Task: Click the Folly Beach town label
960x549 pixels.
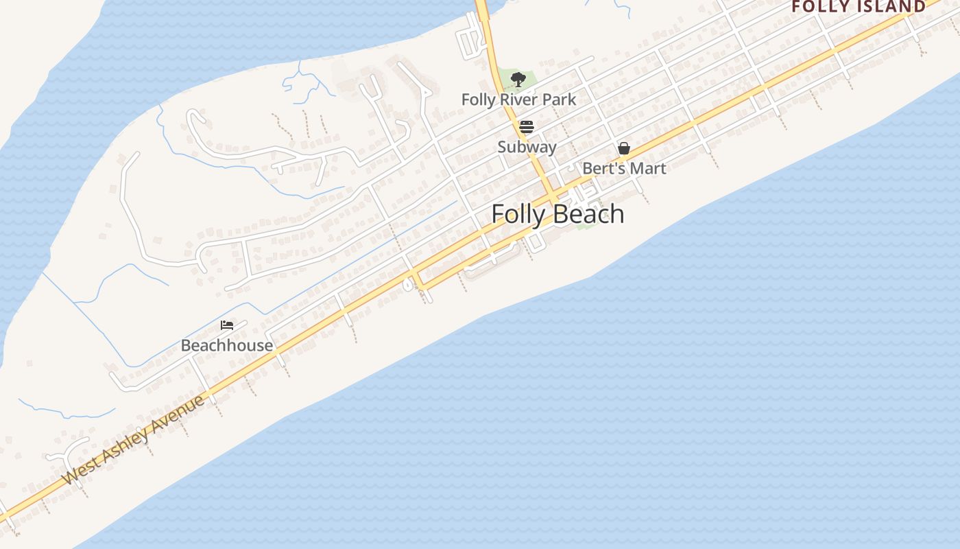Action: click(x=557, y=214)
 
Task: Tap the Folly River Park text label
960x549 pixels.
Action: click(x=518, y=100)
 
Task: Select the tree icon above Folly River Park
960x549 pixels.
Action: click(x=518, y=80)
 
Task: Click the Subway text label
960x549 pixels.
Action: click(x=527, y=147)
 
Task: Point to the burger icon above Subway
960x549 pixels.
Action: click(x=527, y=127)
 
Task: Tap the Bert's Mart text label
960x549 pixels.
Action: click(x=624, y=168)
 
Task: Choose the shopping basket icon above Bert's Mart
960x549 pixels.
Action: click(x=624, y=148)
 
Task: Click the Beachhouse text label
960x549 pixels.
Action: click(x=227, y=345)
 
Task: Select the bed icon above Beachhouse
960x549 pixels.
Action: click(x=227, y=325)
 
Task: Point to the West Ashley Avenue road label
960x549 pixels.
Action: click(x=133, y=439)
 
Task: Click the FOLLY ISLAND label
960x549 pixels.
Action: click(x=859, y=7)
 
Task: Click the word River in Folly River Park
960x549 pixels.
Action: click(x=518, y=100)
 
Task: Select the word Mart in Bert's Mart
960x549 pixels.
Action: click(x=647, y=168)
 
